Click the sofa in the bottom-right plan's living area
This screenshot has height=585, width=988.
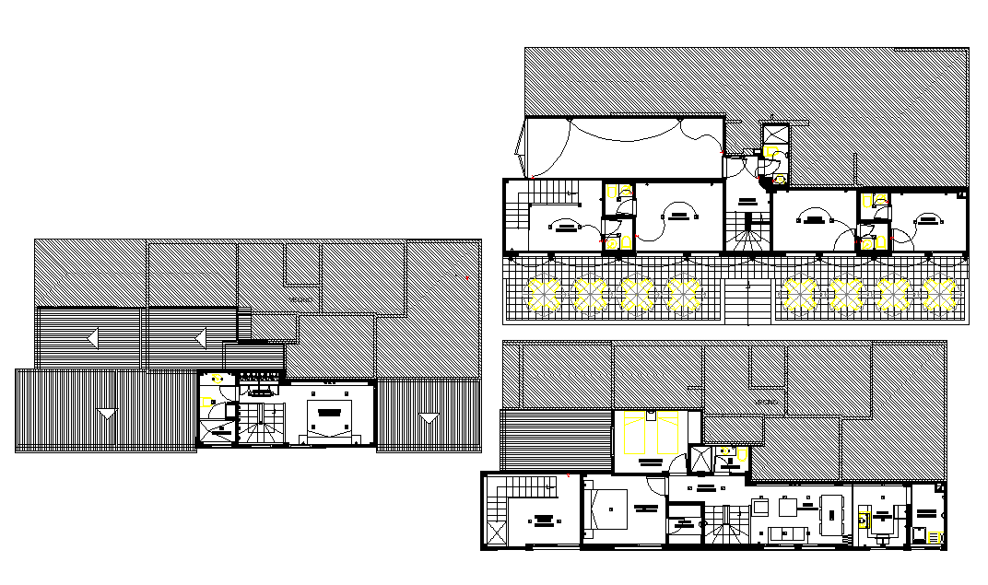pos(789,535)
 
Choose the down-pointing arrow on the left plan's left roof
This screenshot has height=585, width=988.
pos(108,413)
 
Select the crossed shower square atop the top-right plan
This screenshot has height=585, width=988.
pos(775,135)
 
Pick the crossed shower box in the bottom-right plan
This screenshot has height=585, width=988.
pos(701,460)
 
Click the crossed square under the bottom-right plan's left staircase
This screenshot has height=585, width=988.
pos(494,534)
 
